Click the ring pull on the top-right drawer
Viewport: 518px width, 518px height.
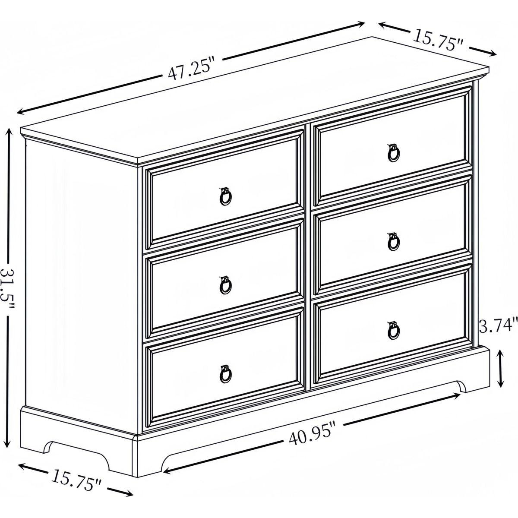pyautogui.click(x=393, y=153)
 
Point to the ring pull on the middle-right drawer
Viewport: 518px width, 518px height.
pyautogui.click(x=393, y=241)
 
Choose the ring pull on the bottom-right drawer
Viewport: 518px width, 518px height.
pyautogui.click(x=393, y=330)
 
